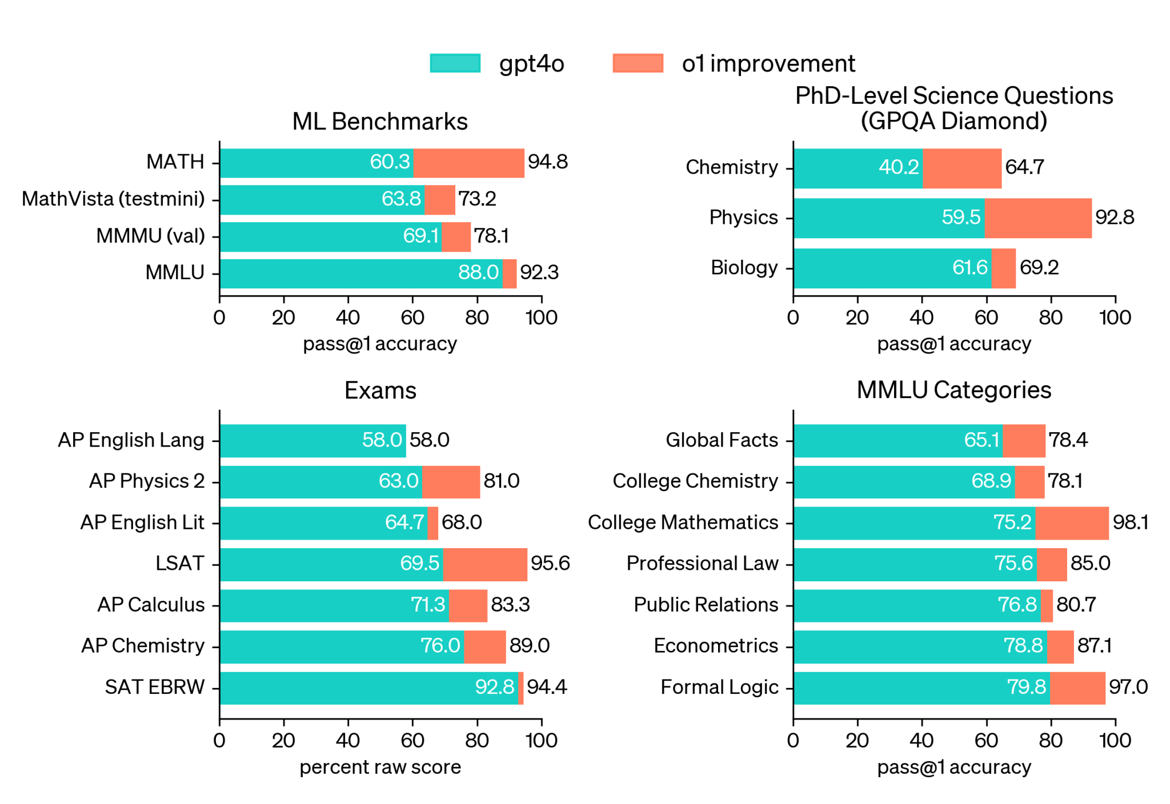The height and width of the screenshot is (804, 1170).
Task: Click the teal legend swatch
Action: tap(455, 63)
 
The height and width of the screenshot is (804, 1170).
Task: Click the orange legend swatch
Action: tap(638, 63)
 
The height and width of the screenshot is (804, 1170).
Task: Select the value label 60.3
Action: tap(390, 162)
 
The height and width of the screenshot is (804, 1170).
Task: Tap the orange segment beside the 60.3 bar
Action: tap(469, 163)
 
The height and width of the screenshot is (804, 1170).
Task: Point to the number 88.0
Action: tap(478, 273)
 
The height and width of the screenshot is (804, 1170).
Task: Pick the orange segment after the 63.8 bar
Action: tap(440, 200)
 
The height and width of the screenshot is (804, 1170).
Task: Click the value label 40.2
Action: tap(899, 167)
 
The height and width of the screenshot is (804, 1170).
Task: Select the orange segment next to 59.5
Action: tap(1038, 218)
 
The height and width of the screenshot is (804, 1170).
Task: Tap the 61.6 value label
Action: tap(969, 268)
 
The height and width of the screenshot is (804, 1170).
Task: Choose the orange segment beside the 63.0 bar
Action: tap(451, 482)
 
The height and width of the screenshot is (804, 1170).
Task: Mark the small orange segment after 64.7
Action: tap(433, 523)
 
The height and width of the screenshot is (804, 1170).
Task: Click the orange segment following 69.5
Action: tap(485, 565)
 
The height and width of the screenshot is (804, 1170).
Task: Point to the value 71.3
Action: tap(428, 605)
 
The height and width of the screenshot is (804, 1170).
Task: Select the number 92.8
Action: tap(495, 687)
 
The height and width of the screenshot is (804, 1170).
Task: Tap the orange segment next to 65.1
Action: tap(1024, 441)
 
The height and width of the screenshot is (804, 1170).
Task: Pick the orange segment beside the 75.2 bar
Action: tap(1072, 523)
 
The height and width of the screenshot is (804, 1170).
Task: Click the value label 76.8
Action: tap(1017, 605)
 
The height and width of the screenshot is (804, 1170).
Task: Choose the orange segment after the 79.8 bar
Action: tap(1077, 688)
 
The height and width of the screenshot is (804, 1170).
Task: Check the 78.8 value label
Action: tap(1023, 646)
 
